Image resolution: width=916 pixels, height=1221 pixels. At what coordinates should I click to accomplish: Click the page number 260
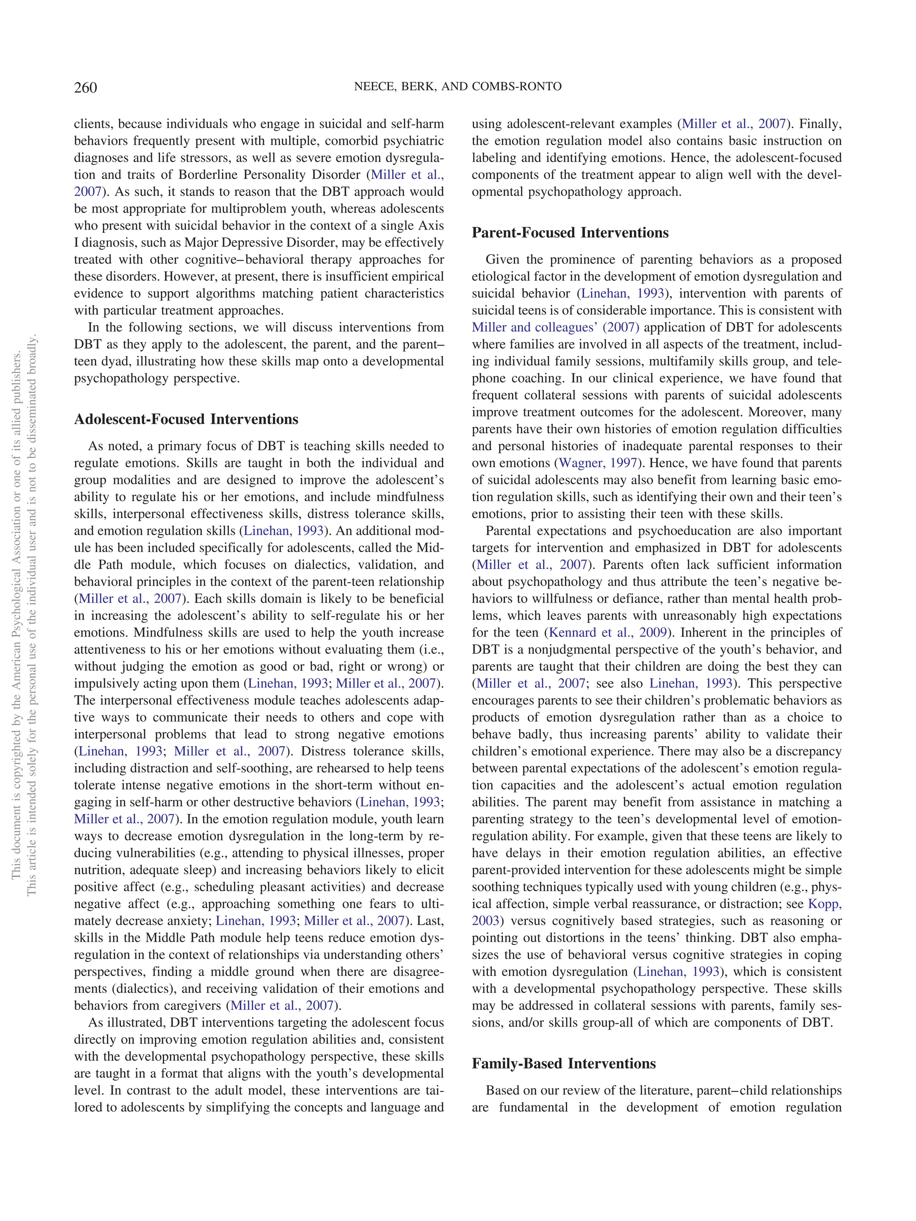point(85,88)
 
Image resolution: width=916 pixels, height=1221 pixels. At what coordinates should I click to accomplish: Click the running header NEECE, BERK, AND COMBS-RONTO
point(457,87)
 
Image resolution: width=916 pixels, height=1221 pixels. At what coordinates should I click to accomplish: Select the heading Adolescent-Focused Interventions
point(186,419)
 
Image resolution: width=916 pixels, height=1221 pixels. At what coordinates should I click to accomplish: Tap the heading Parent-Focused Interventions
point(570,233)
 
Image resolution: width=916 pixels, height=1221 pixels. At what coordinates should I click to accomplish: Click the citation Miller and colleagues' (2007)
point(556,327)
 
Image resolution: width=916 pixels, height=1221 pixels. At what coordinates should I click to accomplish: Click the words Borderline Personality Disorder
point(269,175)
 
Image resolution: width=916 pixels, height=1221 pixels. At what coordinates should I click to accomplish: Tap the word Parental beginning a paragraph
point(511,531)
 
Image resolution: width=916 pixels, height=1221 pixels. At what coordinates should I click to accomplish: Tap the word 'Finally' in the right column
point(820,124)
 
